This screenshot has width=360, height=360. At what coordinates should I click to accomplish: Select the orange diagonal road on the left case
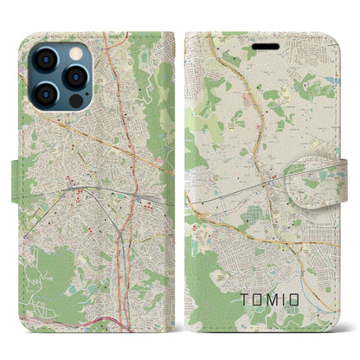[x=104, y=138]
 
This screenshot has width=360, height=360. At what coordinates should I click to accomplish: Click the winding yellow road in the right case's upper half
[x=260, y=95]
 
